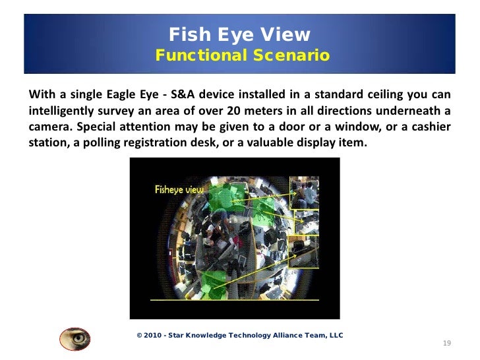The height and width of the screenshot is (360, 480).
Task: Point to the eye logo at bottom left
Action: click(x=75, y=338)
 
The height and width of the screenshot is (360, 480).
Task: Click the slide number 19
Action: click(x=446, y=344)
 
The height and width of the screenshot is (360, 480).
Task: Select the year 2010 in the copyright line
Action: click(x=153, y=336)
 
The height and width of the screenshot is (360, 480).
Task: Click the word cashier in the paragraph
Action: click(x=429, y=125)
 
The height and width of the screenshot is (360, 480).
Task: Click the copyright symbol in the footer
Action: click(x=138, y=336)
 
